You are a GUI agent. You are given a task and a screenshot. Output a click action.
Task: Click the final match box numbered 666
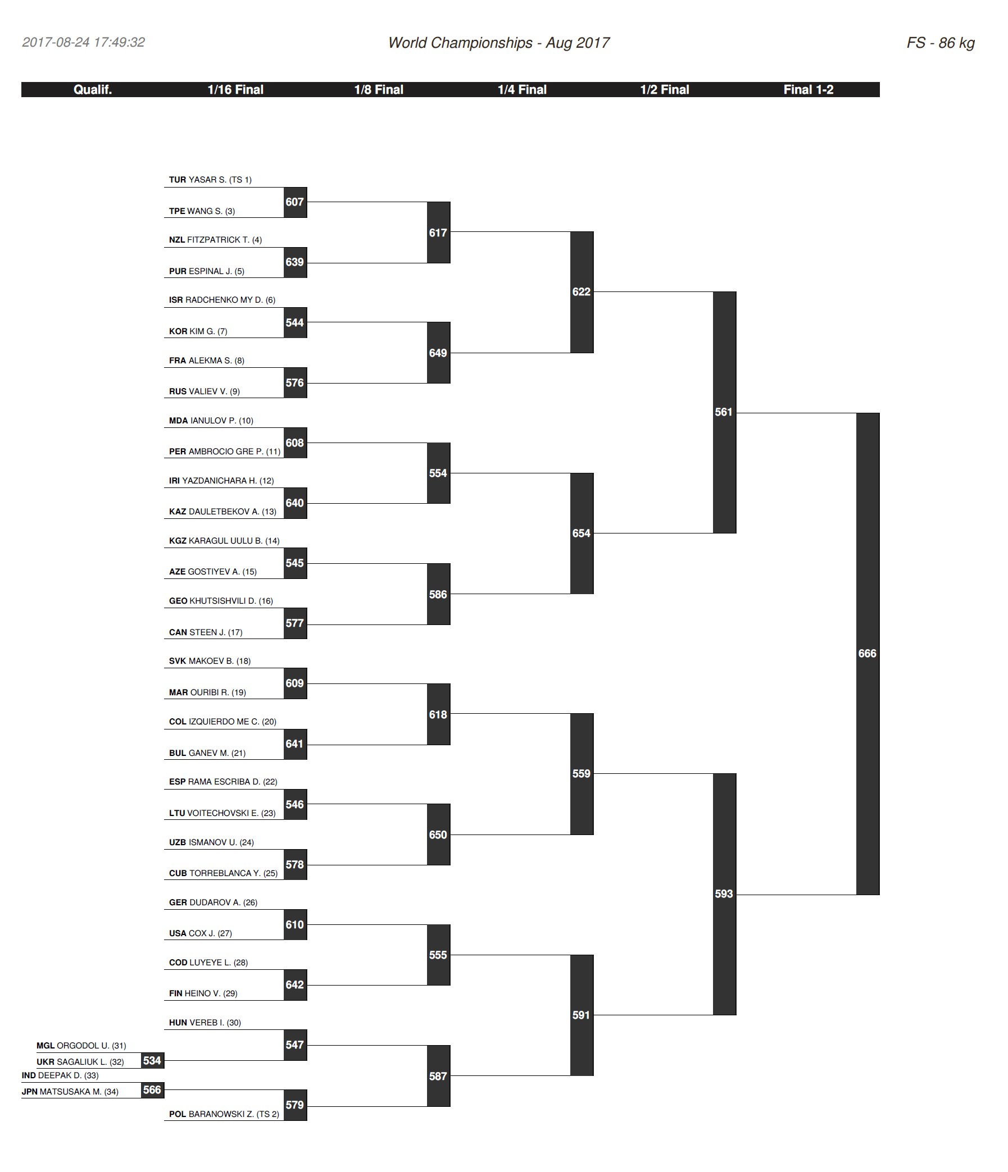[867, 653]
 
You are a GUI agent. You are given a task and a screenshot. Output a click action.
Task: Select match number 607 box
[295, 202]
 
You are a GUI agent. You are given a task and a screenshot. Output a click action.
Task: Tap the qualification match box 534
[152, 1061]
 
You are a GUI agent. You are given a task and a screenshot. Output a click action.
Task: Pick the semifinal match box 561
[724, 412]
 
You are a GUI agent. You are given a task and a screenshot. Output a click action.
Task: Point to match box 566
[152, 1090]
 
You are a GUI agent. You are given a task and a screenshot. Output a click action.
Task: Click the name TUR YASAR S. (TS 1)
[210, 180]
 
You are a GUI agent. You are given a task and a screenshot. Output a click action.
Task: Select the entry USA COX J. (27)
[201, 933]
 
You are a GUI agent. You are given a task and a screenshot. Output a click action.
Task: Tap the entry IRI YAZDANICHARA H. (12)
[221, 481]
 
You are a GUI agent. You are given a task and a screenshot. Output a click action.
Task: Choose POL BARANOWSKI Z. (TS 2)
[224, 1114]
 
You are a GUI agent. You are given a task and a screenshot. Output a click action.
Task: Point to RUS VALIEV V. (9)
[205, 391]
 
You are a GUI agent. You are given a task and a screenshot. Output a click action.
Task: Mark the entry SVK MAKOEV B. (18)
[210, 661]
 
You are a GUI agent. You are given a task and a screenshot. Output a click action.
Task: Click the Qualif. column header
[93, 89]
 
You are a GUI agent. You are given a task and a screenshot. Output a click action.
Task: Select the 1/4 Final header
[522, 89]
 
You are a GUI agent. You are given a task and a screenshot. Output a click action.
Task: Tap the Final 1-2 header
[807, 89]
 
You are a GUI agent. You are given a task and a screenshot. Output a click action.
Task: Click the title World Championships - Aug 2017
[498, 43]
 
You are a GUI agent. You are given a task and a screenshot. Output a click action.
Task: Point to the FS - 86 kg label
[940, 43]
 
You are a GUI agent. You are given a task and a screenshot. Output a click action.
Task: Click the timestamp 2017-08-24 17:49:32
[84, 43]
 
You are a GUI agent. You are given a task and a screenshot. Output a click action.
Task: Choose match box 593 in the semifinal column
[724, 894]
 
